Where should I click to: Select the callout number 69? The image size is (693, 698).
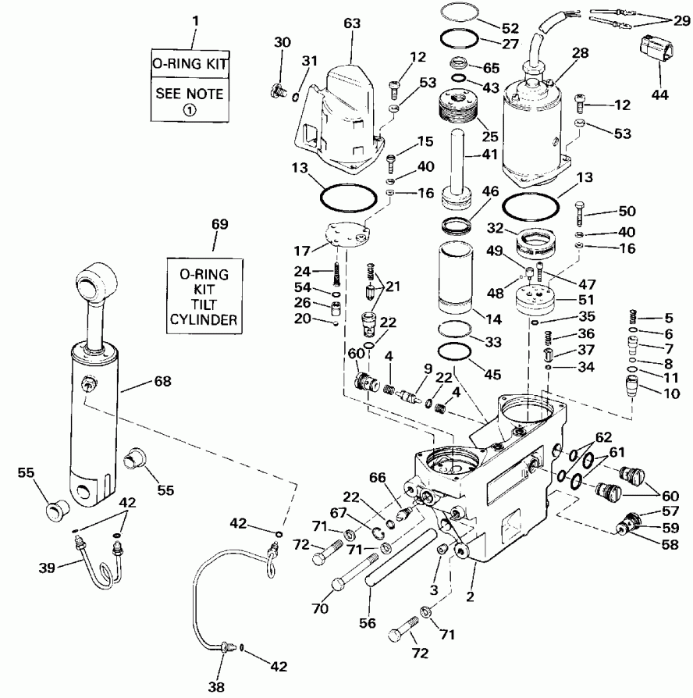click(219, 225)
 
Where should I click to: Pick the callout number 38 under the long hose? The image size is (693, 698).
click(216, 687)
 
